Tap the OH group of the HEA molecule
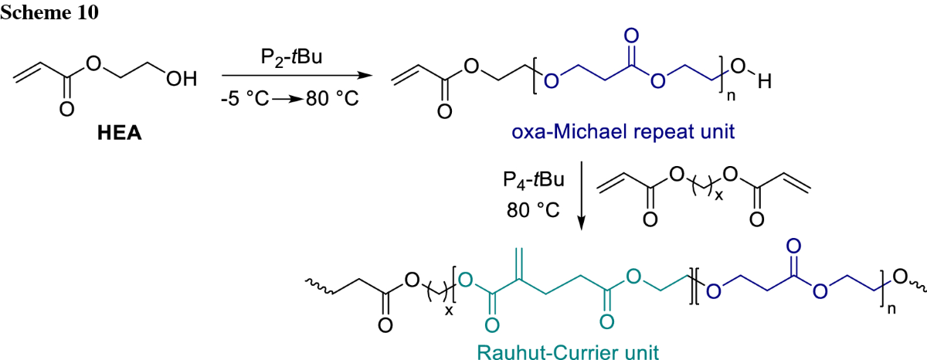coord(183,79)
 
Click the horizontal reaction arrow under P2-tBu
coord(294,76)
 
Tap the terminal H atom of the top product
coord(765,83)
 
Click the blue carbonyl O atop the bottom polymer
coord(793,250)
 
